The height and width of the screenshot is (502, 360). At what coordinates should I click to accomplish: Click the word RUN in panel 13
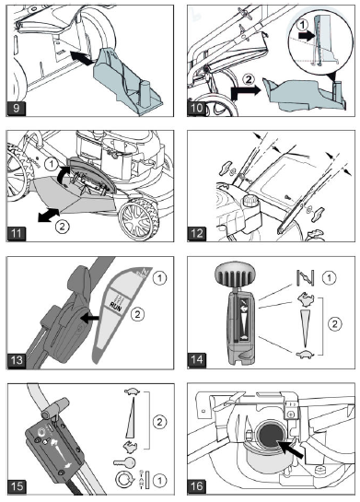[x=114, y=299]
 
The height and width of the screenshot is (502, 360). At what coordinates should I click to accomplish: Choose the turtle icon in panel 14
[x=301, y=353]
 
